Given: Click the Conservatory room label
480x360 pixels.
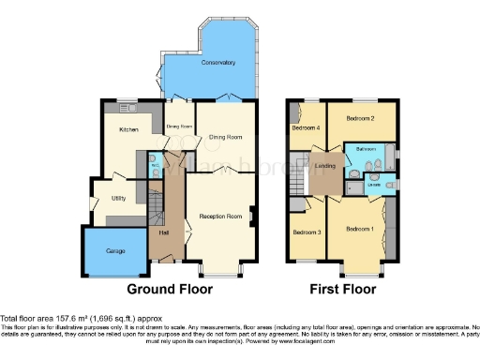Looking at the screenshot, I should pos(217,62).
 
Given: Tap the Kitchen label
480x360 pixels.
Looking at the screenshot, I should pos(127,129).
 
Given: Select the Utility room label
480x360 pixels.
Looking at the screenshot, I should pos(118,199).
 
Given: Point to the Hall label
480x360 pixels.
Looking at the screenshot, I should pos(163,232).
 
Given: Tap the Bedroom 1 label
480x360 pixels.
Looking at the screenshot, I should pos(360,230).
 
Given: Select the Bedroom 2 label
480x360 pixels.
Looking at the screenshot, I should pos(360,119).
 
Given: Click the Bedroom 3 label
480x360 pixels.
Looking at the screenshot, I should pos(307,232).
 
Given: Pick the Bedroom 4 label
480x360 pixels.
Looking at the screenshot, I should pos(305,127).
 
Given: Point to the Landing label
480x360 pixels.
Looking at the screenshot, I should pos(325,166).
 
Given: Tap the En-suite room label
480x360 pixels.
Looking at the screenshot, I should pos(373,184).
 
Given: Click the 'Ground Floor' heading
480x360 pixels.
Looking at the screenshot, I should pos(165,288).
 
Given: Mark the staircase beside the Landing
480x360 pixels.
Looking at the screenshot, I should pos(299,174).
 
